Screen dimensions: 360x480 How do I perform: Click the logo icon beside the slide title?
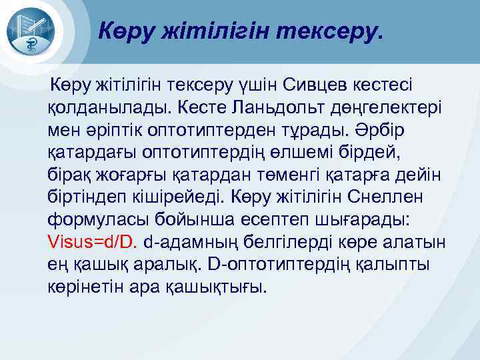31,31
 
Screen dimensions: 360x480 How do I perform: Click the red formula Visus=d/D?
92,243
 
